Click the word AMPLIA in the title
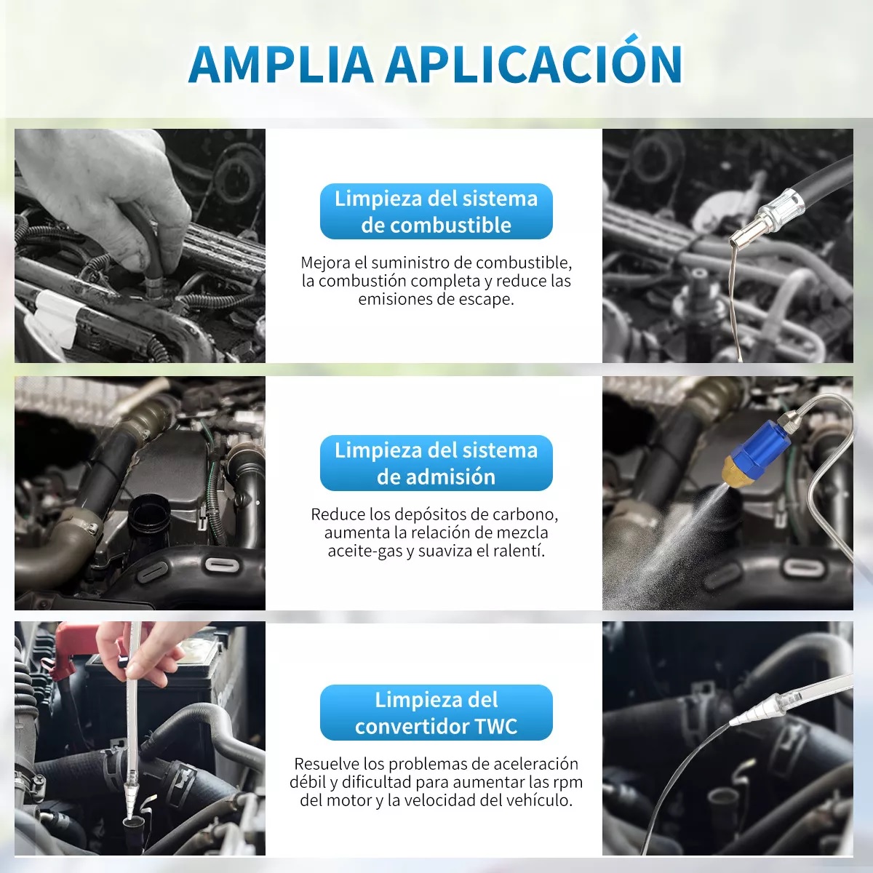pos(280,65)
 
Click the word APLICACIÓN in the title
pos(533,64)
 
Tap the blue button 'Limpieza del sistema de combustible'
pos(436,212)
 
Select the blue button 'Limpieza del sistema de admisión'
pos(436,463)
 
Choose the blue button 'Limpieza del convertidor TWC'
pos(436,713)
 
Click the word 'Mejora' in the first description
pos(325,263)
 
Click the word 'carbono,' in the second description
pos(525,514)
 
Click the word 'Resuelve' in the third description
pos(327,764)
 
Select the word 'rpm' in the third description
pos(568,782)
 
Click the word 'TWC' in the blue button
pos(495,726)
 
